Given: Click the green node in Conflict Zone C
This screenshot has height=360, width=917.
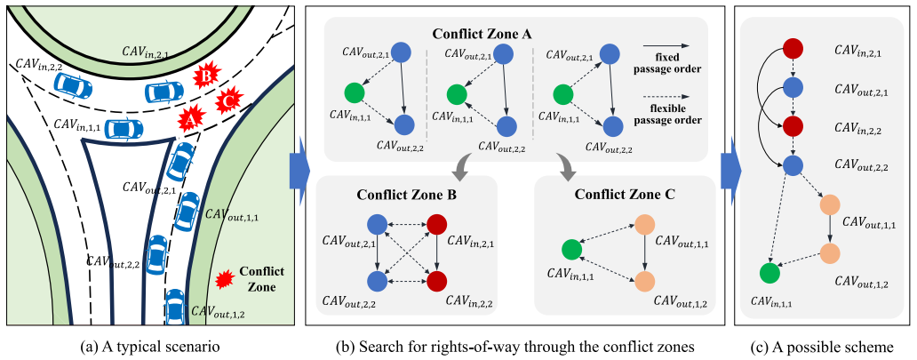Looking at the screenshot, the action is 571,250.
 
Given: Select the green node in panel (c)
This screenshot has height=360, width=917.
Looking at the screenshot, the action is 769,274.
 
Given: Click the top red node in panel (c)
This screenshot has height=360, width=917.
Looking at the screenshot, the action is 793,49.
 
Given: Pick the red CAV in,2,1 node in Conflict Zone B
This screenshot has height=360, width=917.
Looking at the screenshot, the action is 439,224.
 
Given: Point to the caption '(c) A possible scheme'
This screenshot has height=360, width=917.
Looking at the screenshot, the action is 825,348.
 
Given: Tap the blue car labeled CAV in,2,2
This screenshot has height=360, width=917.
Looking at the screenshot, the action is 73,85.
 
